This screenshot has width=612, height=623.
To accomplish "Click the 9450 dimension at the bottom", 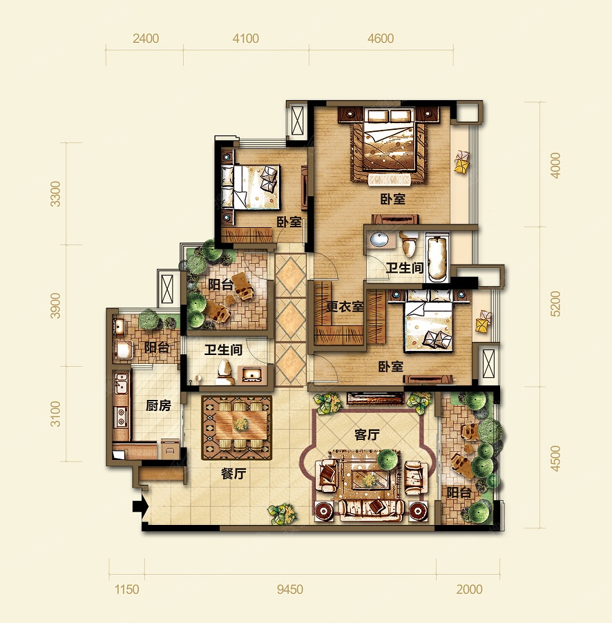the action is [x=290, y=589].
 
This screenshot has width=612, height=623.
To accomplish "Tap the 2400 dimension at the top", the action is [x=146, y=39].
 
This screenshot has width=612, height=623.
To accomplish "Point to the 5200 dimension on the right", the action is [x=555, y=303].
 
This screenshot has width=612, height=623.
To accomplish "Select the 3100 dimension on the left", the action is [x=55, y=414].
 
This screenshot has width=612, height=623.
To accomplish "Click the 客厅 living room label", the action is [x=367, y=434].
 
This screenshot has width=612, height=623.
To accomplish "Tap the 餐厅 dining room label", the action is [x=233, y=473].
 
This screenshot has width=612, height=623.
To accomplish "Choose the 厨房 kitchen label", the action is [x=158, y=405].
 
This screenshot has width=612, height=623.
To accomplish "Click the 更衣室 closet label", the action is [x=345, y=307].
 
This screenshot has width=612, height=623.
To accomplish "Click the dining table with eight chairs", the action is [x=237, y=426].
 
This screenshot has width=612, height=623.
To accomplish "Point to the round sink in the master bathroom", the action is [x=380, y=240].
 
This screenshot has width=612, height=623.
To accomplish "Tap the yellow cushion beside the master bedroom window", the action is [x=462, y=162].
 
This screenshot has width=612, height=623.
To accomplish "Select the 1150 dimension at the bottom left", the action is [x=127, y=589].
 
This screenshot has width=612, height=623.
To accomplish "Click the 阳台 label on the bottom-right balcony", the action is [x=459, y=492].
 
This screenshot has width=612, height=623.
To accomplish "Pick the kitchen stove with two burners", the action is [x=121, y=416].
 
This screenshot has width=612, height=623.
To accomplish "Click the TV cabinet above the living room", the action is [x=376, y=399].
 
